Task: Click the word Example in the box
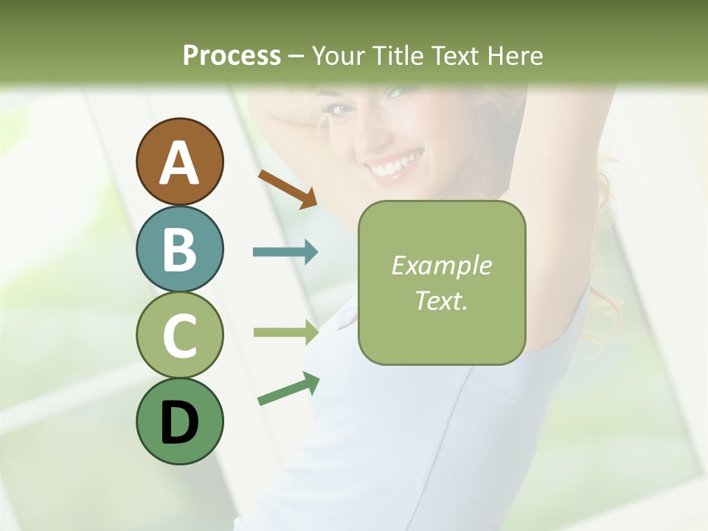(441, 265)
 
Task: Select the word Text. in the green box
(441, 300)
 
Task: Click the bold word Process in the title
(232, 55)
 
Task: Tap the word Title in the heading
(400, 55)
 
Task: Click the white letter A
(180, 163)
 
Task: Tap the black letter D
(180, 423)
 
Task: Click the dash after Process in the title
(296, 56)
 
